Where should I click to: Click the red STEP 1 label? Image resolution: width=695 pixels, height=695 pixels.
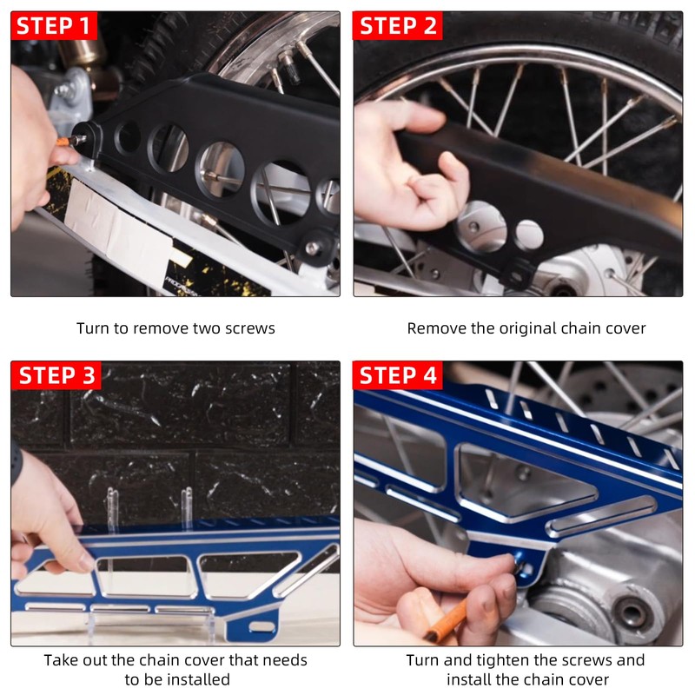click(53, 25)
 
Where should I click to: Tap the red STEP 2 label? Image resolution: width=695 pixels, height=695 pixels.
click(397, 25)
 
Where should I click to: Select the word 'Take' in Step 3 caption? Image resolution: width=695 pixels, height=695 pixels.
click(61, 660)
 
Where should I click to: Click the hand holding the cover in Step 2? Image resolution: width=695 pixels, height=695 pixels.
click(408, 165)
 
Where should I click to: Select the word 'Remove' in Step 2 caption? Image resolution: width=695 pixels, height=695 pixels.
click(434, 328)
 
